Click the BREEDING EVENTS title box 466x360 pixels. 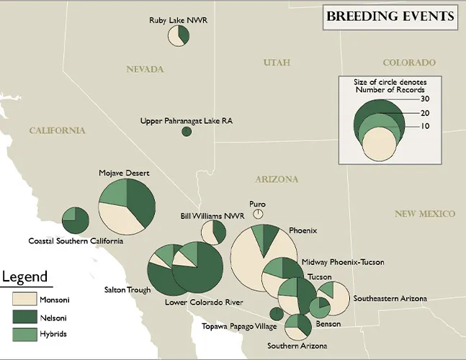click(x=390, y=16)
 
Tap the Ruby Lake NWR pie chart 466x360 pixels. click(x=179, y=36)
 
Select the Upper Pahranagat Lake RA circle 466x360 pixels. click(x=187, y=131)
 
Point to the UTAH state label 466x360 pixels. click(x=277, y=63)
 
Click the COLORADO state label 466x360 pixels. click(x=409, y=63)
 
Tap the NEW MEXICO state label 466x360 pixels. click(x=425, y=214)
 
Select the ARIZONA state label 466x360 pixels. click(x=277, y=179)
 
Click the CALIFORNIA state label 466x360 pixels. click(x=57, y=130)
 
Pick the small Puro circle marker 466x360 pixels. click(x=259, y=214)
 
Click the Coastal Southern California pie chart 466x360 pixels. click(x=75, y=220)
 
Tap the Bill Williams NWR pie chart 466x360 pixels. click(x=214, y=233)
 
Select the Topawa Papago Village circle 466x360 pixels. click(x=276, y=313)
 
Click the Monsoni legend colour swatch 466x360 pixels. click(x=24, y=298)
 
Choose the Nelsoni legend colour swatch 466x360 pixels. click(x=24, y=316)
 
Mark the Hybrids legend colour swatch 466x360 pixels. click(x=24, y=334)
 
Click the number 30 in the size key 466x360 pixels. click(x=425, y=99)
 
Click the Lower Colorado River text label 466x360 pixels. click(x=204, y=302)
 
